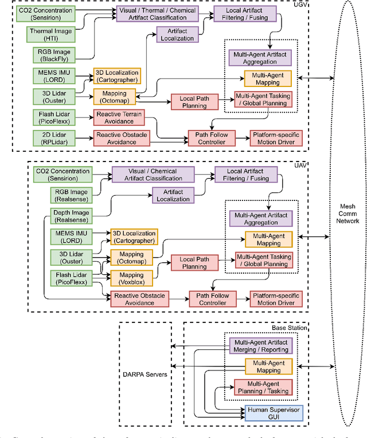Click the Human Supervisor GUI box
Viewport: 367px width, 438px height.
(x=267, y=413)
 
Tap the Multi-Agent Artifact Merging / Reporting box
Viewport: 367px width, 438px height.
(x=261, y=345)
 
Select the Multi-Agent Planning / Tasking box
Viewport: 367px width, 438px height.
(x=261, y=388)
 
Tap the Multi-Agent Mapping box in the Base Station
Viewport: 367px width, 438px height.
(x=261, y=366)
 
